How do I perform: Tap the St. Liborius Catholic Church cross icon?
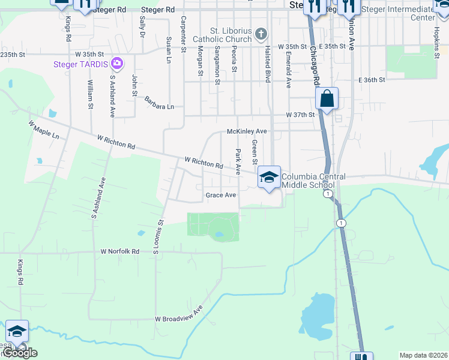point(261,34)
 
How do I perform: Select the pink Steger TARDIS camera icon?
point(117,63)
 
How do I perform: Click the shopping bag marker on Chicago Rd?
point(327,98)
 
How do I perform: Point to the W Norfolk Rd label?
point(120,251)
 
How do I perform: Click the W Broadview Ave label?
point(179,318)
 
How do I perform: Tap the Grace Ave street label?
point(221,195)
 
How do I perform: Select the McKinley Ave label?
point(246,131)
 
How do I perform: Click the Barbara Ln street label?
point(159,103)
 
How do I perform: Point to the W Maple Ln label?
point(44,130)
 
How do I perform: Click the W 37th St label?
point(300,115)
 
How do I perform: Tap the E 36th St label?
point(370,80)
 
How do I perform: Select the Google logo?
point(19,353)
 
